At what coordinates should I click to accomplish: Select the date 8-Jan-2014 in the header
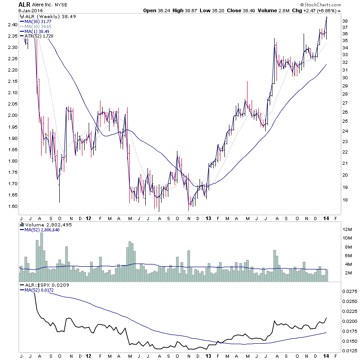click(29, 10)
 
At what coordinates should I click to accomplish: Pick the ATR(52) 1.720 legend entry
click(40, 37)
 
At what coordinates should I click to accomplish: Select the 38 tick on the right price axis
click(345, 21)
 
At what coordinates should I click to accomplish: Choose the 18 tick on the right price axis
click(345, 199)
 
